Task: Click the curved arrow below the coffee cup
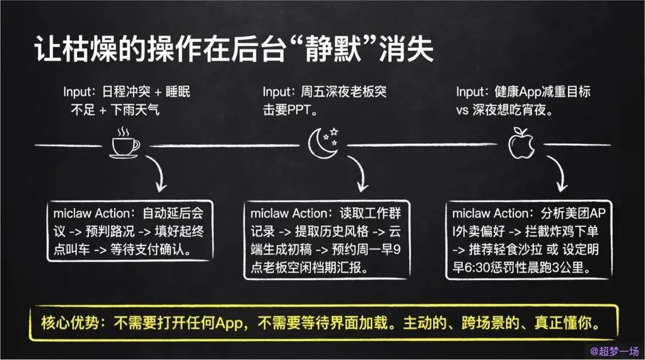point(158,174)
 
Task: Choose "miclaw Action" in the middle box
point(288,214)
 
